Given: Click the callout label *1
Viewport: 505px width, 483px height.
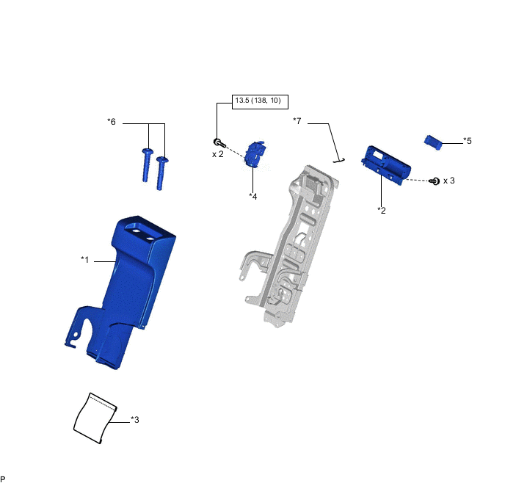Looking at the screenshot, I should (x=85, y=259).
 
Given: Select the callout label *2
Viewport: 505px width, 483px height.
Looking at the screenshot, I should (x=382, y=211).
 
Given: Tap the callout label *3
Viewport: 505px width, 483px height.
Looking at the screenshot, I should (x=135, y=420).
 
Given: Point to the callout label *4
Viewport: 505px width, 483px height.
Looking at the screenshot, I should (x=253, y=196).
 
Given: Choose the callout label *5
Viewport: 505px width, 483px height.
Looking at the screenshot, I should (x=468, y=140).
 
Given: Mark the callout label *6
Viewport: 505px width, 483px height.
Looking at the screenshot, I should (x=112, y=122).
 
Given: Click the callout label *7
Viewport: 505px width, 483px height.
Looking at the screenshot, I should (x=297, y=120).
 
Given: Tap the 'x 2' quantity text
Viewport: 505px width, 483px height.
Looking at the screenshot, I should (x=218, y=154).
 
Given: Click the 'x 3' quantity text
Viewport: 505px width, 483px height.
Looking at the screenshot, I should (x=449, y=180).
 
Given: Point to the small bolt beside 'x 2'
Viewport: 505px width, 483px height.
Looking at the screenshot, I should (x=218, y=142).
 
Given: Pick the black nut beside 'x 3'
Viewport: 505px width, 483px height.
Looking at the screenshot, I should (x=435, y=181).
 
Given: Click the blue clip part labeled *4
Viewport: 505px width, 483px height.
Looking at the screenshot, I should (x=255, y=155).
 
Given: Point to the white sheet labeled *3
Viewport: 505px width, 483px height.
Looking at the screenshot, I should (x=95, y=418).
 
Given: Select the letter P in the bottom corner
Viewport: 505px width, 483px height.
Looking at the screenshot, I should (x=4, y=478).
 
